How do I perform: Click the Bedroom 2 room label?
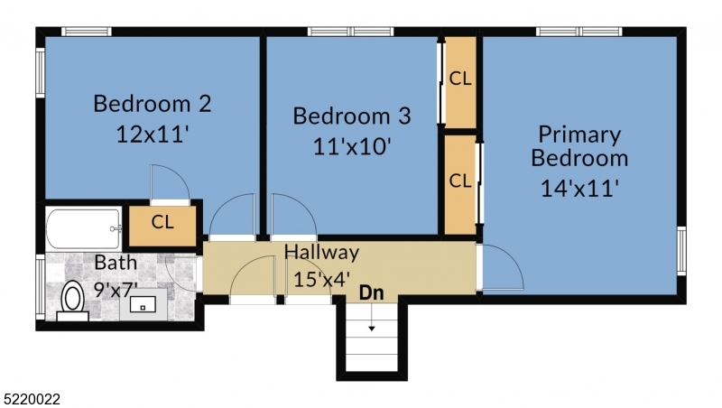153,104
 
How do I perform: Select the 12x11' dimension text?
153,134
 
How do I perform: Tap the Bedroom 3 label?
352,116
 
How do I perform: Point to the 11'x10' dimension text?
352,145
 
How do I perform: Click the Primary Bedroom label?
579,146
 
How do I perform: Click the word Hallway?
322,252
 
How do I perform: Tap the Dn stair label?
371,292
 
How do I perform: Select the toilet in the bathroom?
72,301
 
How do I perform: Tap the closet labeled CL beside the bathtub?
162,222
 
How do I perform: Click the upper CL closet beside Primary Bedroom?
460,79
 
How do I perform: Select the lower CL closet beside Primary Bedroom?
460,181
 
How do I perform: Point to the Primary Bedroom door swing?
502,269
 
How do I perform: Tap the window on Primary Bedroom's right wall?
681,250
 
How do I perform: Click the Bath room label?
116,264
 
